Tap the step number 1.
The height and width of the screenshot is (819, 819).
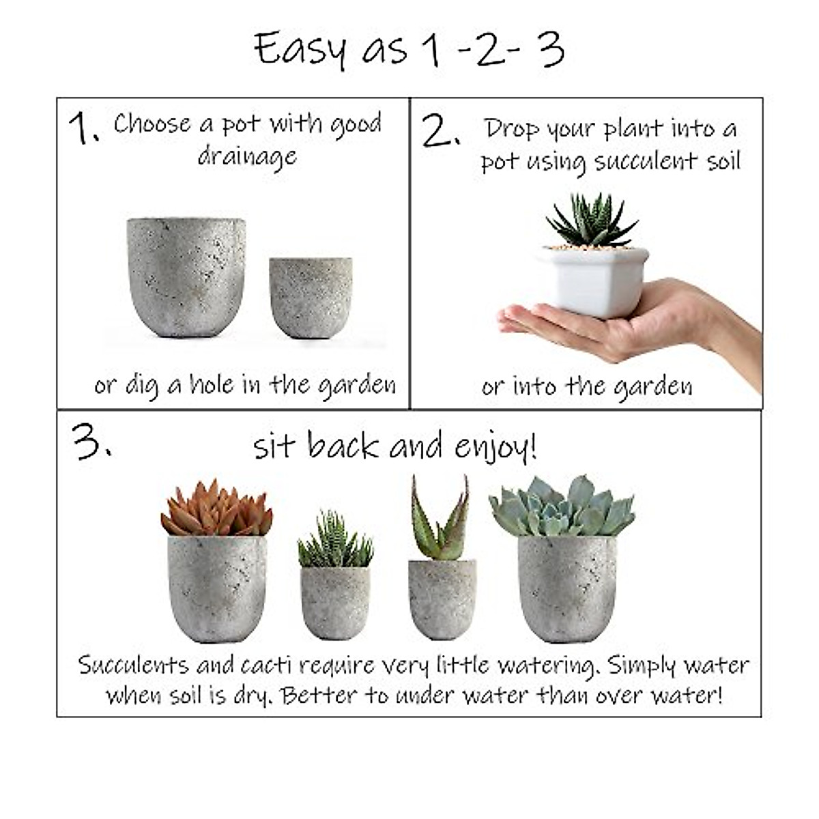click(83, 129)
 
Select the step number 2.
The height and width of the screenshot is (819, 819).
click(440, 132)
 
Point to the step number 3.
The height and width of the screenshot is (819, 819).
click(91, 443)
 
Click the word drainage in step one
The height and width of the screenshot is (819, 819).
click(247, 157)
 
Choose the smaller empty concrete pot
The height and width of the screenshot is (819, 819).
click(311, 297)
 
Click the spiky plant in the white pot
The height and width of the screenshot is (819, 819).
click(591, 220)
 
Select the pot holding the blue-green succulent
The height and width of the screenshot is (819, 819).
click(566, 588)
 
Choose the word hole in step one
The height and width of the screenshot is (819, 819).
click(212, 385)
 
